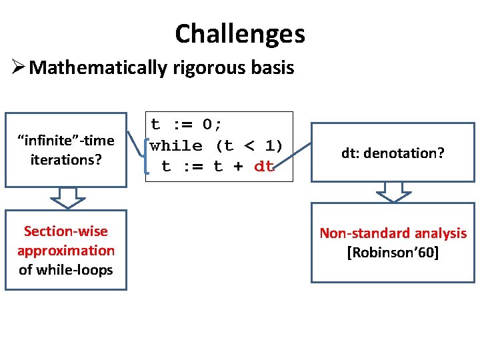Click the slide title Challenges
tap(240, 33)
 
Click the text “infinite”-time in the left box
tap(65, 141)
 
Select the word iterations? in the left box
tap(65, 160)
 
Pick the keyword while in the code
tap(176, 145)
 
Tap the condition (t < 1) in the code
tap(248, 145)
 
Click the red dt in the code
tap(264, 167)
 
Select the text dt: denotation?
tap(393, 153)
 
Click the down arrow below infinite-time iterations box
tap(65, 197)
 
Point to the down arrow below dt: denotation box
tap(393, 192)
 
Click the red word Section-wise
tap(65, 231)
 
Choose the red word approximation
tap(65, 251)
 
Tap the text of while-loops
tap(65, 270)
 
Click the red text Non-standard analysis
tap(393, 233)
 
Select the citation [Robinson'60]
tap(393, 253)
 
